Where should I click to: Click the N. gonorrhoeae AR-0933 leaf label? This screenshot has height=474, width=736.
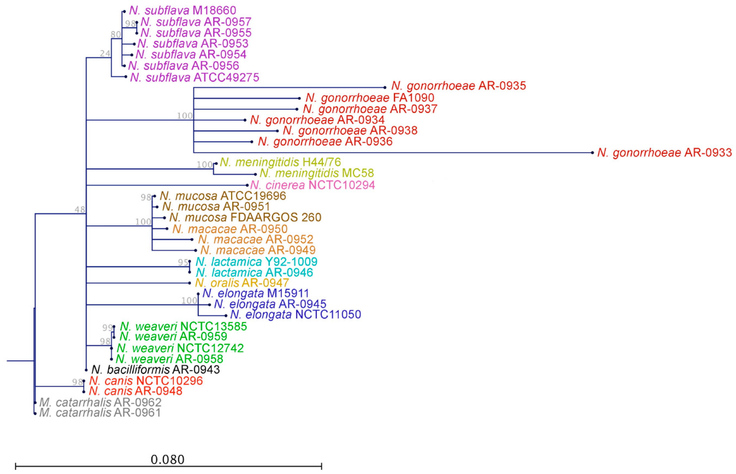(x=664, y=153)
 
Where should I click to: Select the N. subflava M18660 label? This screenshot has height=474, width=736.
(x=182, y=10)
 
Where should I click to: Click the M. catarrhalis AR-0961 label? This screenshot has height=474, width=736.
(x=100, y=412)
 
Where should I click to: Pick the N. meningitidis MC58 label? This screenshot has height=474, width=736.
(x=317, y=173)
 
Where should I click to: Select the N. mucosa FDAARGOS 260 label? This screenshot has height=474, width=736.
(x=245, y=218)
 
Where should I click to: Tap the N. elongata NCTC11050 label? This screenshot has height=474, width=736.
(x=295, y=314)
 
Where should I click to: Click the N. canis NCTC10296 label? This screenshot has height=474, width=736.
(x=146, y=381)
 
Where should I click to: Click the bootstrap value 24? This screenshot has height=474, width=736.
(x=105, y=54)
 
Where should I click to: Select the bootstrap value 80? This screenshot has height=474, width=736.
(x=116, y=34)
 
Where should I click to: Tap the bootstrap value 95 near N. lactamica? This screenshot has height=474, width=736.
(x=183, y=262)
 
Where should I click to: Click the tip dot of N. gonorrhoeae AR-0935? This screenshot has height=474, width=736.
(x=385, y=88)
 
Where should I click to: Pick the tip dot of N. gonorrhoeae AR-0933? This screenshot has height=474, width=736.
(x=592, y=153)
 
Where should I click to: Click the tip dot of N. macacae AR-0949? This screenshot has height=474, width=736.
(x=196, y=251)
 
